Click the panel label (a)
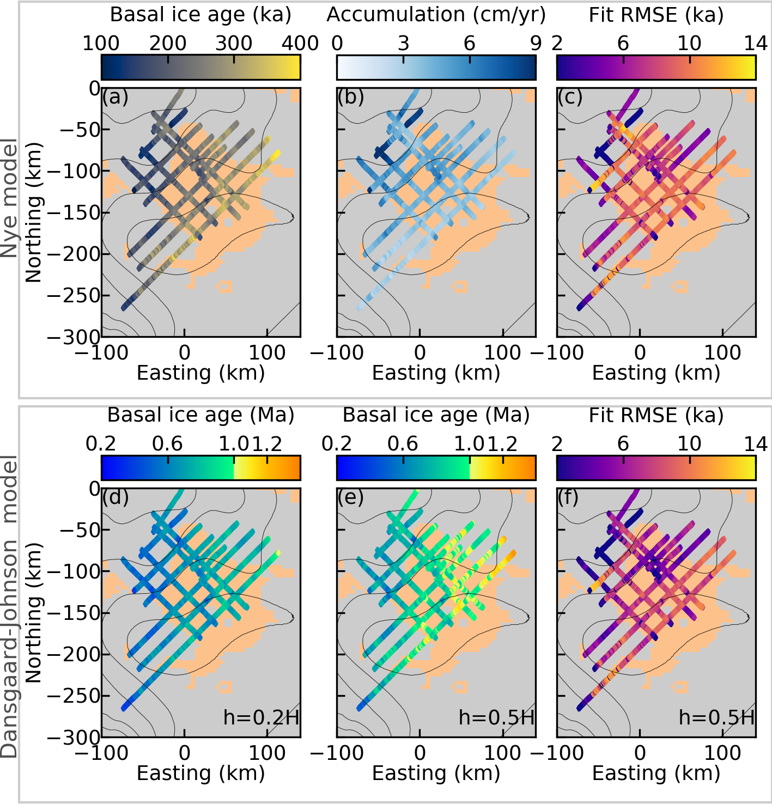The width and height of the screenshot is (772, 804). coord(115,98)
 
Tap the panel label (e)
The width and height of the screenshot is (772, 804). coord(351,498)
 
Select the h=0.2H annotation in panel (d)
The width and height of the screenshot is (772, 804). coord(261,717)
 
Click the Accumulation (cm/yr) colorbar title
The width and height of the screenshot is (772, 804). coord(436,15)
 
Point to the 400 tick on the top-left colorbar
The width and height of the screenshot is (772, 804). coord(300,43)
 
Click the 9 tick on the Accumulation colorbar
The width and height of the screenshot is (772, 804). coord(536,43)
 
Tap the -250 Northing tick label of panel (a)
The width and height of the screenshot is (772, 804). coord(73,296)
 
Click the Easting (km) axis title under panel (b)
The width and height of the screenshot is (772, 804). coord(436,373)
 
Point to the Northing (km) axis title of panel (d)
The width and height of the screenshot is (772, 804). coord(34,613)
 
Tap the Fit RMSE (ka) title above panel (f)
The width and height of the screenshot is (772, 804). coord(656,416)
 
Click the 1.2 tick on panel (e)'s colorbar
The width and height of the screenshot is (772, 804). coord(502,444)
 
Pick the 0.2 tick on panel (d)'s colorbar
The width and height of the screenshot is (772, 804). coord(101,444)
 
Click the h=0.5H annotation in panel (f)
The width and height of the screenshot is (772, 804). coord(716,717)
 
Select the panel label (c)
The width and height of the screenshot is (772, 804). coord(570,98)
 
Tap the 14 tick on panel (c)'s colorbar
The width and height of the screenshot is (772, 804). coord(756,43)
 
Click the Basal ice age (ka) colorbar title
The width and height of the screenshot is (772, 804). coord(200,15)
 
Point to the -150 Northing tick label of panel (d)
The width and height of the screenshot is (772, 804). coord(73,613)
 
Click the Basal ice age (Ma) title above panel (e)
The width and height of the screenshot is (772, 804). coord(436,416)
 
